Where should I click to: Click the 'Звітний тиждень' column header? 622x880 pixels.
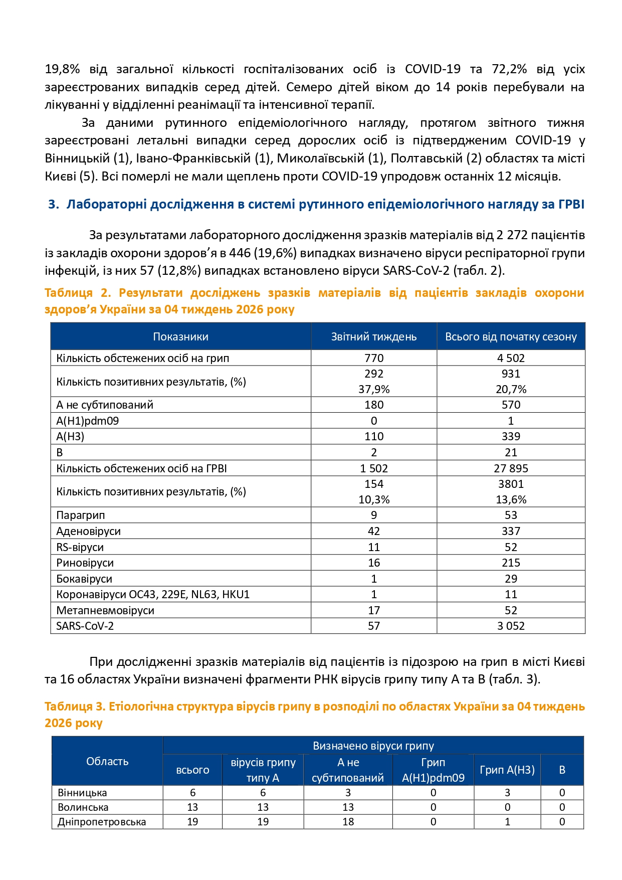(373, 336)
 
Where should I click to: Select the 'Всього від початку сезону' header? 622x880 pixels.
(511, 336)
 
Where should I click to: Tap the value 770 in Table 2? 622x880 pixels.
(374, 358)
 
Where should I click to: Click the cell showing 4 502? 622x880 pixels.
(511, 358)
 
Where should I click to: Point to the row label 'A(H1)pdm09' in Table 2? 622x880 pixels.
(88, 421)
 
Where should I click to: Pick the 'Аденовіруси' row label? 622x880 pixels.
(88, 531)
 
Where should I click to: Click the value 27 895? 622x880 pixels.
(511, 468)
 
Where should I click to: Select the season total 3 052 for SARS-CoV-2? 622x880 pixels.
(511, 626)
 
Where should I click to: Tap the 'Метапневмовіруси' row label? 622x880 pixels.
(105, 610)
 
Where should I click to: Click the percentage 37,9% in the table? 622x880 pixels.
(374, 389)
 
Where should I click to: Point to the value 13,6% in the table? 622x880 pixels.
(511, 499)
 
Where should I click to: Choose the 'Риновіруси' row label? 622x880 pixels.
(85, 563)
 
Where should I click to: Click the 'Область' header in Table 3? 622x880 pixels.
(107, 761)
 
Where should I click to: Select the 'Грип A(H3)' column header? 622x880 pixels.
(507, 770)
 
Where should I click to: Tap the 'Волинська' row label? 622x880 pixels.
(83, 807)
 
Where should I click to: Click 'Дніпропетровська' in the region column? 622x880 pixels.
(102, 822)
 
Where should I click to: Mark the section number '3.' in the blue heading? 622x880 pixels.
(54, 204)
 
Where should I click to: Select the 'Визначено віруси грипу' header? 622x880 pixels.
(373, 746)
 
